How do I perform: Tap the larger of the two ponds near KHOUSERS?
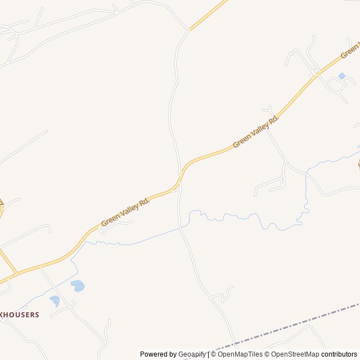coord(78,286)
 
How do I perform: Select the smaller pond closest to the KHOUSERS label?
coord(55,300)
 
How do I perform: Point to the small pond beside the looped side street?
coord(342,75)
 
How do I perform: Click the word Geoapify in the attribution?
coord(192,354)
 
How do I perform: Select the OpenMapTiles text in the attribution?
coord(240,354)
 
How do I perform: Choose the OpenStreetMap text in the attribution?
coord(295,354)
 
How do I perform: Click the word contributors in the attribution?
coord(339,354)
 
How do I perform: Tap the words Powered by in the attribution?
coord(158,354)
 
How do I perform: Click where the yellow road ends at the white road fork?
coord(190,30)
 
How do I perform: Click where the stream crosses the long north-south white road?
coord(181,227)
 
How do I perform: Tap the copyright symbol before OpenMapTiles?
coord(213,354)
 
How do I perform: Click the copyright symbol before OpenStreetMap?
coord(268,354)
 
